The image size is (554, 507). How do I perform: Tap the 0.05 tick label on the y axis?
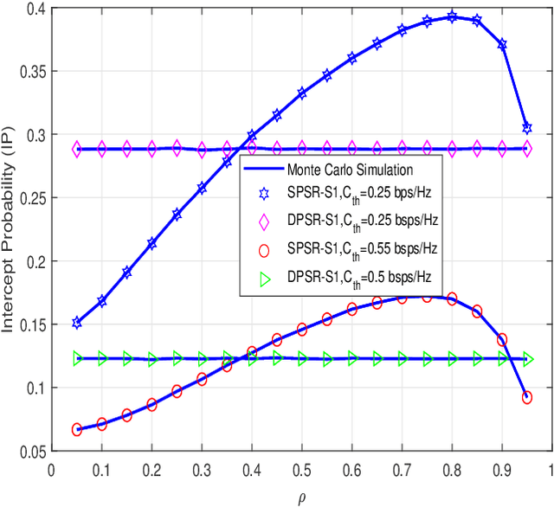31,450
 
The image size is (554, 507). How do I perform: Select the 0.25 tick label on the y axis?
31,198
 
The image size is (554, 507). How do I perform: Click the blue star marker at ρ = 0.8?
452,16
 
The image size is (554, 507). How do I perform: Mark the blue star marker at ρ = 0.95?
527,128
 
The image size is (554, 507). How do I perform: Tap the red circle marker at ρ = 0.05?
77,429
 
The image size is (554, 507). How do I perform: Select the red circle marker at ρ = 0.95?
527,397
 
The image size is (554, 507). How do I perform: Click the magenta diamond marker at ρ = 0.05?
77,149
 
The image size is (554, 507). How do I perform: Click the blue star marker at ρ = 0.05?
77,323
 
